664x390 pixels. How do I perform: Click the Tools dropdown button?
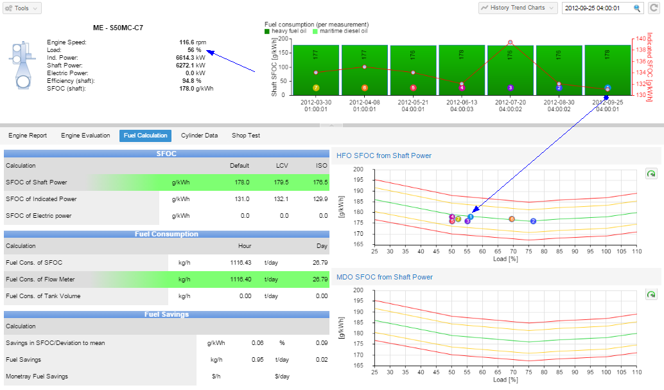point(22,8)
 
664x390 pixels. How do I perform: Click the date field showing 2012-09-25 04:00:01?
point(597,8)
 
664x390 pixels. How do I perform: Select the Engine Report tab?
point(28,136)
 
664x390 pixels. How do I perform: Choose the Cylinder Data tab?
point(199,136)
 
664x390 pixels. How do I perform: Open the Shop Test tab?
point(245,136)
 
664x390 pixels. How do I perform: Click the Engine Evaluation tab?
point(85,136)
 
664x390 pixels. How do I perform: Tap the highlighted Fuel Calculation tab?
point(145,136)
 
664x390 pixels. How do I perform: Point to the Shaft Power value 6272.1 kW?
point(192,66)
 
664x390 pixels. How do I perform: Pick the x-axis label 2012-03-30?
point(315,105)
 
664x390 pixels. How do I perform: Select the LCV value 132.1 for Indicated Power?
point(281,199)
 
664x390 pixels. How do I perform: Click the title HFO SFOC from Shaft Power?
point(384,155)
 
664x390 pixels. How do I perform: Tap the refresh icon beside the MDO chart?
point(651,294)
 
